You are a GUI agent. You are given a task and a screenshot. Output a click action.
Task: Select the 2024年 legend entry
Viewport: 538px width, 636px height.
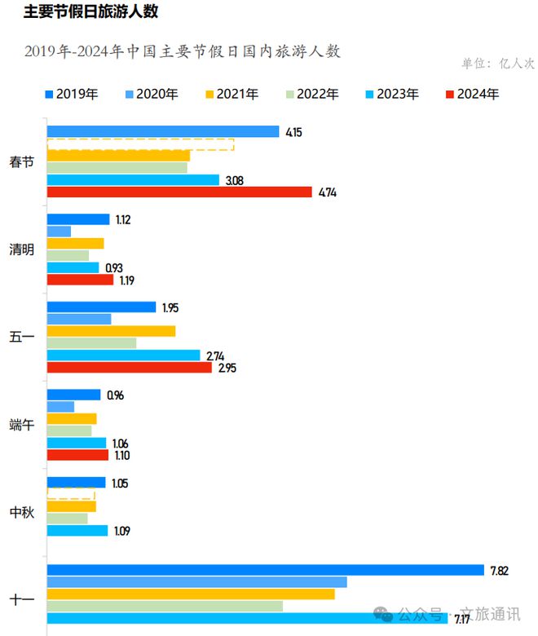[x=472, y=94]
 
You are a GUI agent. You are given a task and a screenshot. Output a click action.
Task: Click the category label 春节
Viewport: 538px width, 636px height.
[x=22, y=161]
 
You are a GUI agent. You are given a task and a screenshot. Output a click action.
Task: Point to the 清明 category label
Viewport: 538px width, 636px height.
[x=22, y=250]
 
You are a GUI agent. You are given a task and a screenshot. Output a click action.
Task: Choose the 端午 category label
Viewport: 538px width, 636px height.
[x=22, y=425]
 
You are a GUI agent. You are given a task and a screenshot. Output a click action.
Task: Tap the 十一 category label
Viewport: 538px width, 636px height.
[x=22, y=600]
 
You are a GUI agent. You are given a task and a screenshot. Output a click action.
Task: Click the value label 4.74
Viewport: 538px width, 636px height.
[x=328, y=192]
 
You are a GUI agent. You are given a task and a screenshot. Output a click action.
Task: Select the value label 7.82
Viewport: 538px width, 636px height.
[x=499, y=570]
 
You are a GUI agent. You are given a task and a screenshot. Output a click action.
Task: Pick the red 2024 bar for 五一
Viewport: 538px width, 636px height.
[x=129, y=368]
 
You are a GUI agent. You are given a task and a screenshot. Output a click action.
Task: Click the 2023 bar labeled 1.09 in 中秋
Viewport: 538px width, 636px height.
[x=77, y=531]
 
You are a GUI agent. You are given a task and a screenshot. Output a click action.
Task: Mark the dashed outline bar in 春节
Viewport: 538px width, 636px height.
[x=140, y=144]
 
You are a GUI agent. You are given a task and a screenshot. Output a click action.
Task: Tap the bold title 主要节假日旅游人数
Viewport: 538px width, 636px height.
[x=90, y=12]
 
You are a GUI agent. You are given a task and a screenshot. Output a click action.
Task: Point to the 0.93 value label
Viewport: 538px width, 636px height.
[x=114, y=268]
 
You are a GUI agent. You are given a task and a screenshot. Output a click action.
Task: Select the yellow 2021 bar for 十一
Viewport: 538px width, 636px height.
[x=191, y=594]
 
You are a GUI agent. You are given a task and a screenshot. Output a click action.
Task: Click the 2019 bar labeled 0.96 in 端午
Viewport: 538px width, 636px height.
[x=73, y=395]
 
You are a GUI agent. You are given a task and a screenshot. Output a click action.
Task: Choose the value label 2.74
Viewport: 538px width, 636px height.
[x=215, y=356]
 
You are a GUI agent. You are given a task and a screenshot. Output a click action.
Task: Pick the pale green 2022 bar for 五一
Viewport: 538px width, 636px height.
[x=91, y=343]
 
